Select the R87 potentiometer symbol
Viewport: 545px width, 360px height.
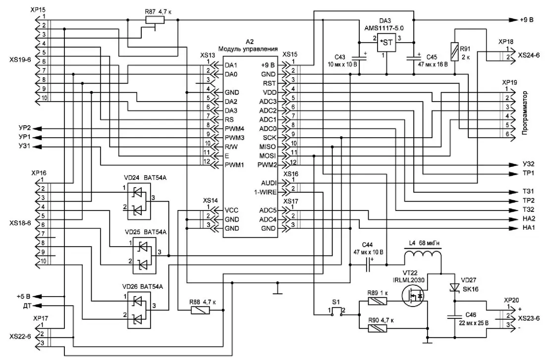156,20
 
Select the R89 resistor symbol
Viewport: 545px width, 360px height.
379,301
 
